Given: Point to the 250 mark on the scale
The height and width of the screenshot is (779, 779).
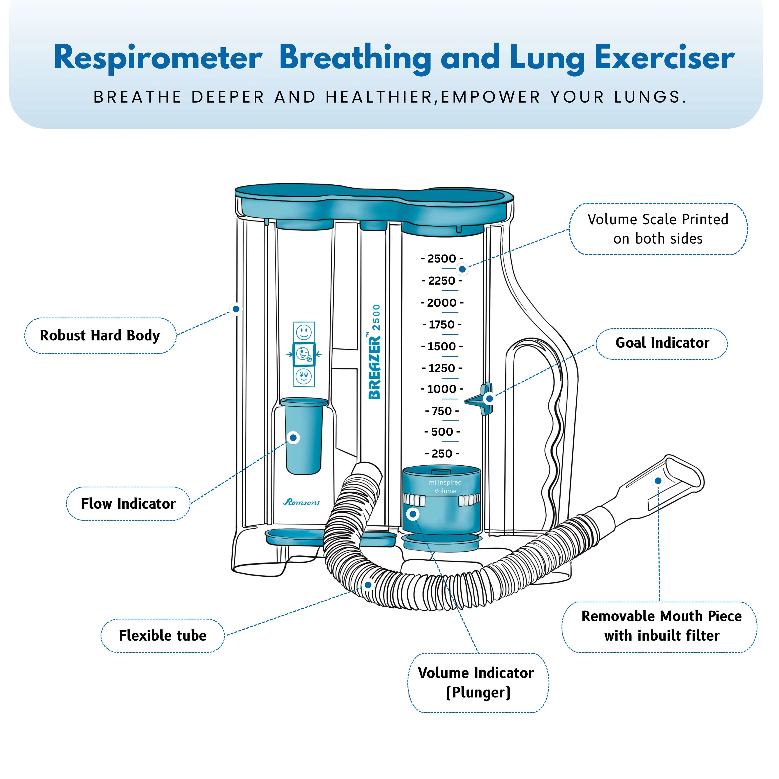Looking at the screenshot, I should point(442,454).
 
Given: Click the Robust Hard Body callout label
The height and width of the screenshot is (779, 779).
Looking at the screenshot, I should point(100,335).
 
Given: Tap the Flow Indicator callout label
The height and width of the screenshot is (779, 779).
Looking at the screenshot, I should point(128,503).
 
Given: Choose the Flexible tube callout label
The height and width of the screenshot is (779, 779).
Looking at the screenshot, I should point(163,635).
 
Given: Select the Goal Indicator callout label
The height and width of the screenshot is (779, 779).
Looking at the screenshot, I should point(662,343).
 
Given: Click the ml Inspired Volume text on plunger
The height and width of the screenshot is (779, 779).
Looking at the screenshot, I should point(445,486).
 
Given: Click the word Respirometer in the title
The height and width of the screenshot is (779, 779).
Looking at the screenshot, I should point(158,58).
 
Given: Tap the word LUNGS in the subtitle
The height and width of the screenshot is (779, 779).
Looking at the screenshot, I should point(650,97).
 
